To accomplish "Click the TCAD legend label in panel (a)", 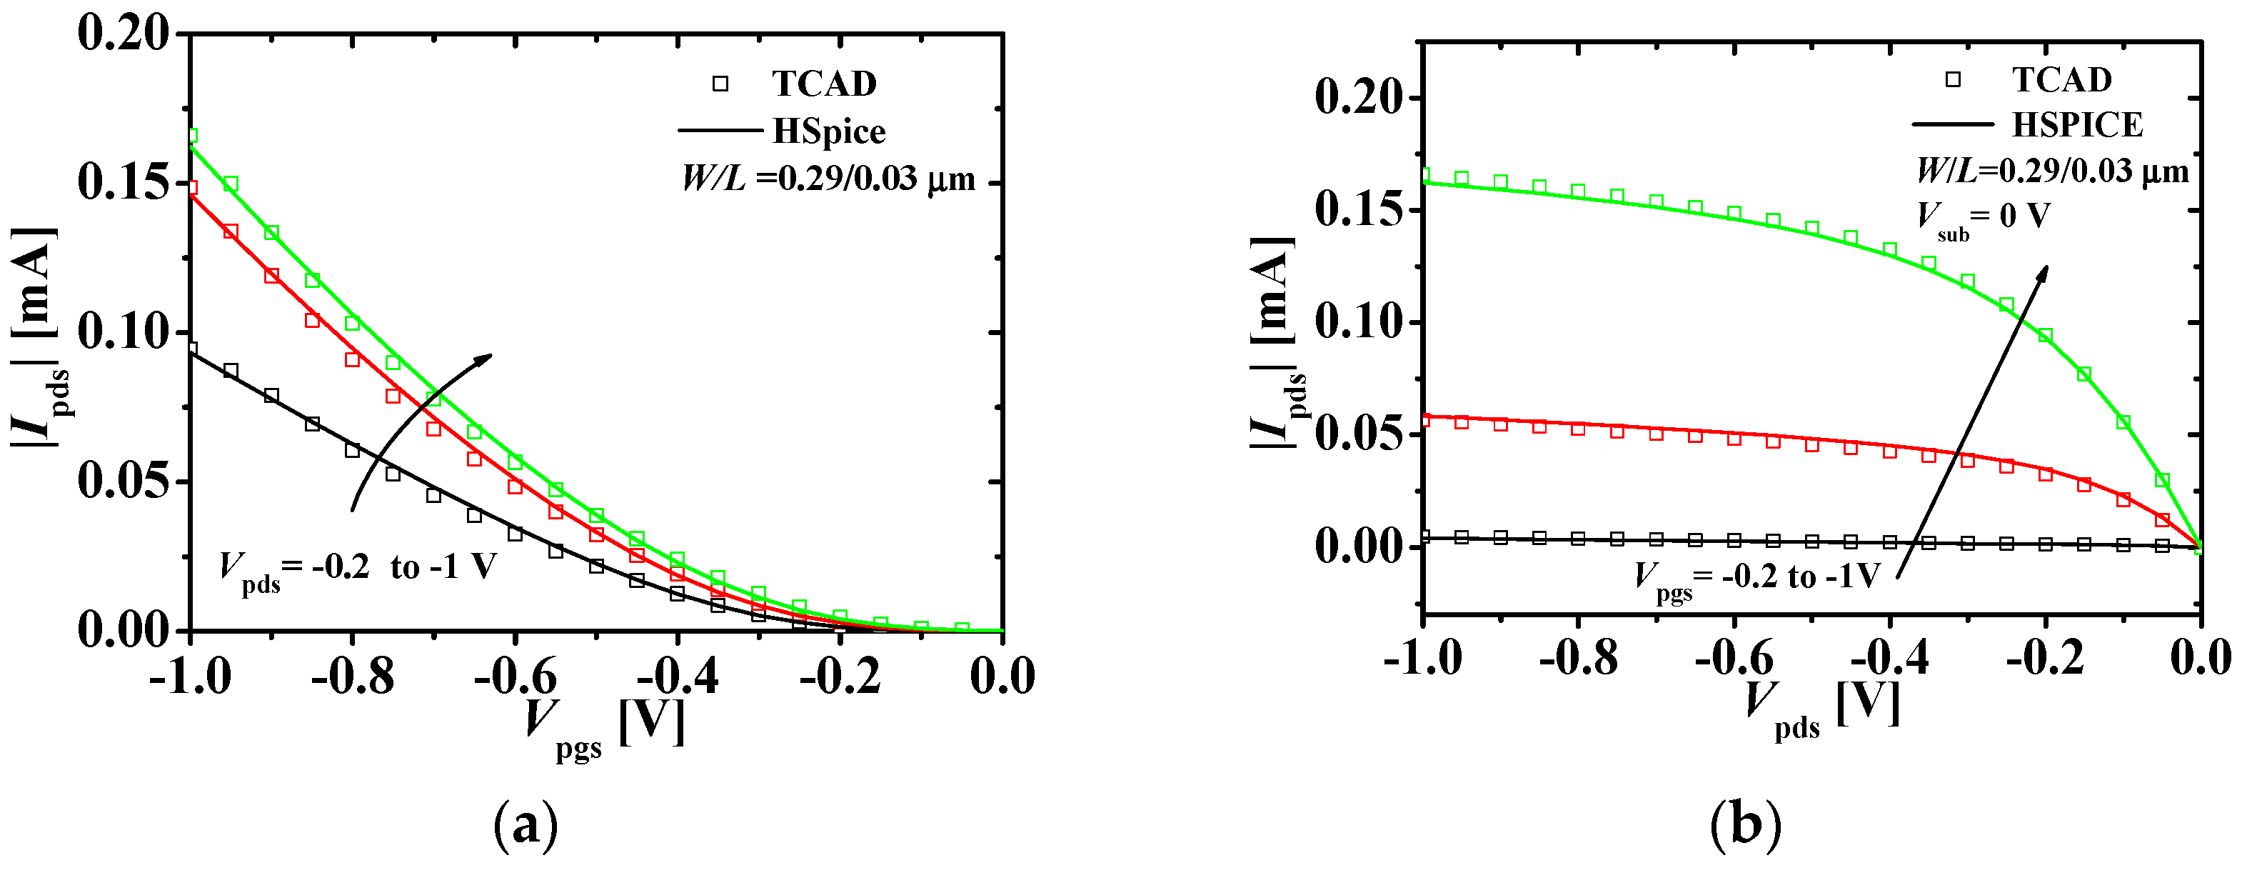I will [823, 84].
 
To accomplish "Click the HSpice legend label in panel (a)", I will [828, 131].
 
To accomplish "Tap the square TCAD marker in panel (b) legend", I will [1953, 79].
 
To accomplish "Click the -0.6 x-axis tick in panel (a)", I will [516, 677].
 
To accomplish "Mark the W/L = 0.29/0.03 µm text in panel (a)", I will [828, 179].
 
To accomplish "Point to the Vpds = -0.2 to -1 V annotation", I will [357, 570].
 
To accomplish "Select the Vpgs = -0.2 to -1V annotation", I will [1757, 578].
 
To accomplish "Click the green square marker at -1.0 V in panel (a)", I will [191, 136].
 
